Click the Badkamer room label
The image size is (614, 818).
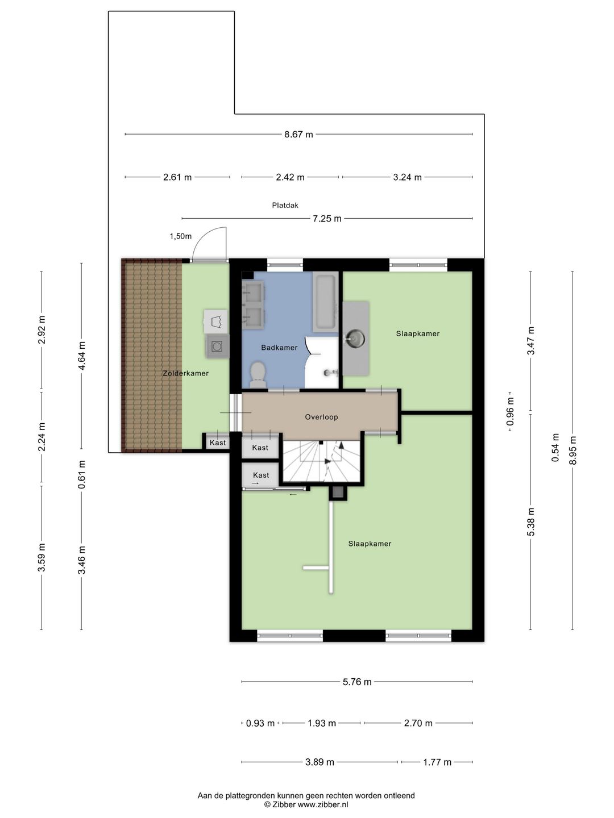point(279,348)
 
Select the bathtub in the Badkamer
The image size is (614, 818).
point(325,303)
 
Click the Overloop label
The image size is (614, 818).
point(321,417)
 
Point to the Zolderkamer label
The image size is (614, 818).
point(186,373)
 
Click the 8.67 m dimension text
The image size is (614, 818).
point(298,135)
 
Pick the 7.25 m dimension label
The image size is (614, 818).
point(327,219)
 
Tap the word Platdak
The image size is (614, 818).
point(285,205)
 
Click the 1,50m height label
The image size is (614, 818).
point(181,236)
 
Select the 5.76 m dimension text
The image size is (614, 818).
point(357,682)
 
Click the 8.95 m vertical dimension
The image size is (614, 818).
point(572,450)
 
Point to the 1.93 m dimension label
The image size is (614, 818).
point(322,723)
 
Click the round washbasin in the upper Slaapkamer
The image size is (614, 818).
point(355,339)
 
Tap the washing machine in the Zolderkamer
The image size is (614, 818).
point(217,347)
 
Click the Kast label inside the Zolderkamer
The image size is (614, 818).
point(218,443)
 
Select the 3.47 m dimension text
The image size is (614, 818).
point(531,340)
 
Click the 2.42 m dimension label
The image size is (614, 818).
point(290,177)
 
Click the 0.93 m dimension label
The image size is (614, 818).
point(260,723)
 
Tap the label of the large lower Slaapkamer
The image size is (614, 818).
point(370,544)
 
